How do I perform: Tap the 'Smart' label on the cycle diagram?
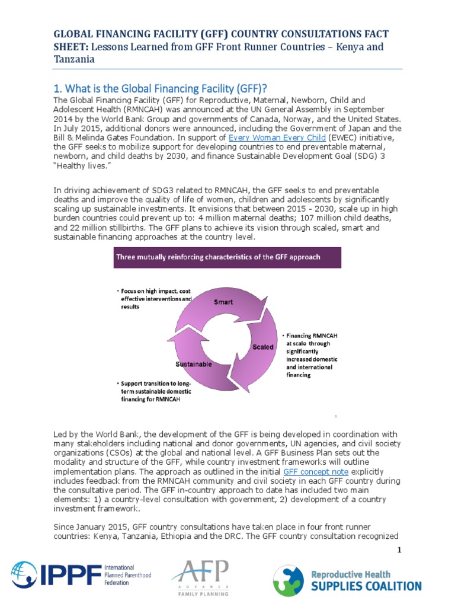tap(223, 302)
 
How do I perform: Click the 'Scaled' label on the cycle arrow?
tap(263, 346)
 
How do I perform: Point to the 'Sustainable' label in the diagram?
tap(194, 364)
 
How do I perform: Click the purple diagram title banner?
tap(227, 257)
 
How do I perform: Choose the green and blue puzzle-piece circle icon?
tap(288, 580)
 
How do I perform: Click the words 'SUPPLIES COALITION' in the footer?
tap(366, 586)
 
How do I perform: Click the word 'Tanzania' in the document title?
tap(74, 59)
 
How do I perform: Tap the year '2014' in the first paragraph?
tap(64, 119)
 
